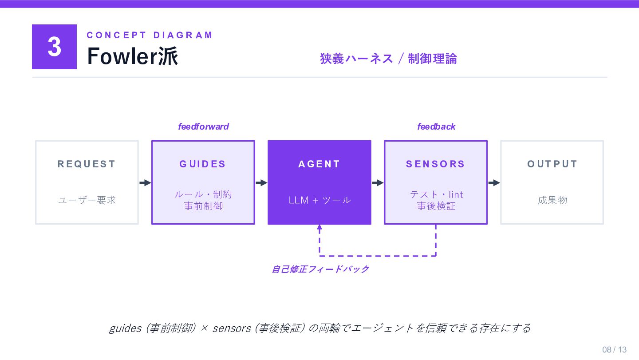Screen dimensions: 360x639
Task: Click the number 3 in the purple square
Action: [x=54, y=47]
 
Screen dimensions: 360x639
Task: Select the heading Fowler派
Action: [x=132, y=56]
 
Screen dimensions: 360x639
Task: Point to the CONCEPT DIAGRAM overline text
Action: [x=150, y=35]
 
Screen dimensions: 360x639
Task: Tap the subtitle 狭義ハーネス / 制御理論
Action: [x=388, y=59]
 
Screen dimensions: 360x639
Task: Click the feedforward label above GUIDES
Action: [x=203, y=127]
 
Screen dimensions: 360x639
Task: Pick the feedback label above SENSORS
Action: [x=436, y=127]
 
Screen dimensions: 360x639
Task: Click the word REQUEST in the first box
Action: [x=87, y=164]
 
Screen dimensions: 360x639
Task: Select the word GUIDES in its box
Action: [x=203, y=164]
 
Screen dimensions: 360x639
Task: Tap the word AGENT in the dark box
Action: [x=319, y=164]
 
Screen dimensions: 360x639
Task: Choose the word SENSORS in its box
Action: [x=435, y=164]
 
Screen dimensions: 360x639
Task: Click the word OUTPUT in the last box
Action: [x=552, y=164]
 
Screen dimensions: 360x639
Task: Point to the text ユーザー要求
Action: [x=87, y=200]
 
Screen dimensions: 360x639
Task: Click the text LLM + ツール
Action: [x=319, y=200]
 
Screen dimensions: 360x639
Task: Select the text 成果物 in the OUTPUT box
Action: [x=552, y=200]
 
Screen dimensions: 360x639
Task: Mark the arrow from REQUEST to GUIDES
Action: [x=145, y=183]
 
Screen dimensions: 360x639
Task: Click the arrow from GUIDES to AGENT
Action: [x=261, y=183]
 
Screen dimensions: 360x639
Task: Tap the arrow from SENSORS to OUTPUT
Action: [x=494, y=183]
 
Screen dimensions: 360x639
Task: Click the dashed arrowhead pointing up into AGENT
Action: [x=319, y=228]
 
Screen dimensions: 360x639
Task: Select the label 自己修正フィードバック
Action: [x=320, y=269]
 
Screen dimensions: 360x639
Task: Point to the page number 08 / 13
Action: [x=614, y=349]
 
